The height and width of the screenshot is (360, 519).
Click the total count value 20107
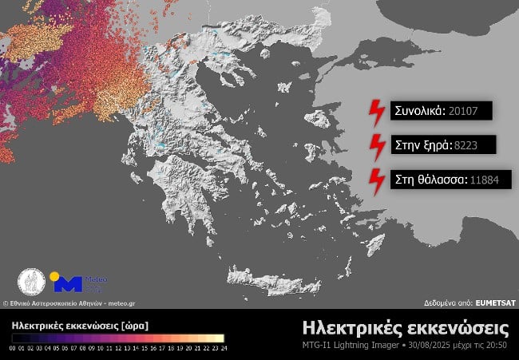(x=465, y=111)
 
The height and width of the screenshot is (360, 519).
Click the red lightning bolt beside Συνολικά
(x=375, y=113)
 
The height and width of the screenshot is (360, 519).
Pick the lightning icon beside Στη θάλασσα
(x=375, y=181)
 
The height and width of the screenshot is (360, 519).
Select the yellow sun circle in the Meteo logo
(x=54, y=276)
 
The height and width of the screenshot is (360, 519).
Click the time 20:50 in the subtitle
(x=497, y=345)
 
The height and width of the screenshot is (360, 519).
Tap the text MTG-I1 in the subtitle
(x=319, y=345)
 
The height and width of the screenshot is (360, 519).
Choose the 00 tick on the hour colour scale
(x=14, y=348)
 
